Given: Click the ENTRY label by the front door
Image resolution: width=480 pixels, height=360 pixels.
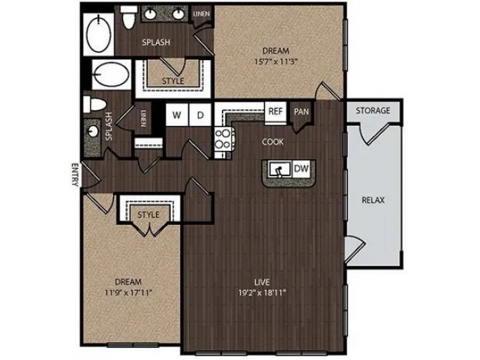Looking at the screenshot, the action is (x=75, y=175).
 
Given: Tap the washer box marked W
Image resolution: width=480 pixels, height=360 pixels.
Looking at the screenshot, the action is (x=177, y=115).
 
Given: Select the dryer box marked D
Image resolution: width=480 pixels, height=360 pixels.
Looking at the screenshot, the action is (x=200, y=115).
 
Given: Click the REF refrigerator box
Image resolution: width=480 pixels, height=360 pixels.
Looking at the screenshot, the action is (x=275, y=112).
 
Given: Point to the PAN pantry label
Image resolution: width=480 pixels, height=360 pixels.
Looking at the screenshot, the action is (x=301, y=112).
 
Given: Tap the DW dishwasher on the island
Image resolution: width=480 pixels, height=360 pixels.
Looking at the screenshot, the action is (x=301, y=168).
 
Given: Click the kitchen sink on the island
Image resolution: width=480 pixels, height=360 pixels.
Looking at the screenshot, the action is (x=280, y=169).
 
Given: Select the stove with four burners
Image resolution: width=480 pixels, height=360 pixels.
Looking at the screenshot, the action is (x=223, y=139).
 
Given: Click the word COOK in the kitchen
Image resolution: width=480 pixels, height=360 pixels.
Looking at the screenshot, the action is (x=273, y=142).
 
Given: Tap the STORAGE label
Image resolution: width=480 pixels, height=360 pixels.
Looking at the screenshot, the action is (x=373, y=110).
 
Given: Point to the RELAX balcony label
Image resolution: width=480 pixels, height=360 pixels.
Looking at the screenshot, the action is (x=373, y=200).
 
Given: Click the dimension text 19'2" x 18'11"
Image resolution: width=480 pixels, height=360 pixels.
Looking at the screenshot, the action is (x=262, y=292).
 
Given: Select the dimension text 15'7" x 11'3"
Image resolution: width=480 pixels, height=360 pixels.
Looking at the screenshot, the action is (x=276, y=61).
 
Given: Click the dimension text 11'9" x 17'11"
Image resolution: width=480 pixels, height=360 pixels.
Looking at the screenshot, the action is (x=128, y=292).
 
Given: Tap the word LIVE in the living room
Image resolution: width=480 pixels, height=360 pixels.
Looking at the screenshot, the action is (x=262, y=282).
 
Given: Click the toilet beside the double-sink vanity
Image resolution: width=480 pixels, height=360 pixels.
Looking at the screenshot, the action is (x=128, y=16).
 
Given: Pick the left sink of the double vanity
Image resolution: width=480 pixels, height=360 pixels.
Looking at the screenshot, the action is (x=151, y=13).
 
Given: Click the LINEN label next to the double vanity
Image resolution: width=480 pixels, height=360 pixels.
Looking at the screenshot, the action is (x=202, y=13).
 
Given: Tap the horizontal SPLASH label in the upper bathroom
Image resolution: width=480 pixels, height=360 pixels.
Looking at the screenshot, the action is (x=156, y=42).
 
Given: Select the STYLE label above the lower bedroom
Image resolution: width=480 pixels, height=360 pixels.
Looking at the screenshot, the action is (x=148, y=214).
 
